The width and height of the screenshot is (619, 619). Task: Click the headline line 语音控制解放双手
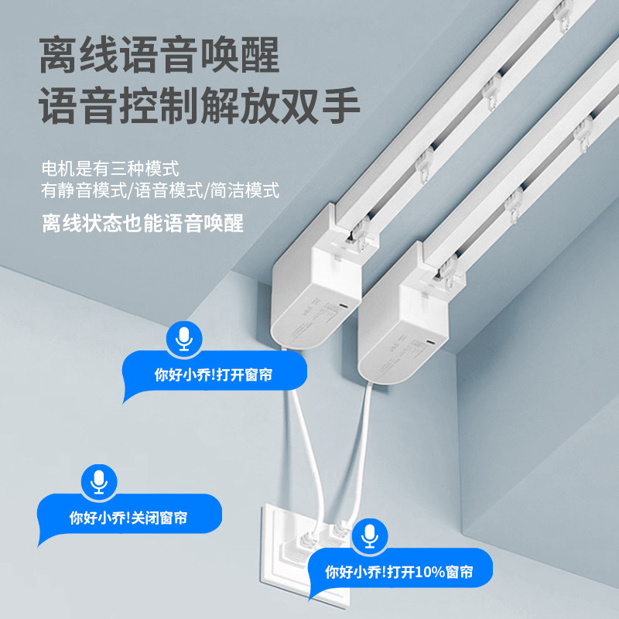coord(200,108)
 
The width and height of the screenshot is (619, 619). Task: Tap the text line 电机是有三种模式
coord(111,168)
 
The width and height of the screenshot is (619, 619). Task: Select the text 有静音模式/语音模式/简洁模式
coord(160,190)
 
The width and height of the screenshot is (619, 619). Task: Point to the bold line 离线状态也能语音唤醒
coord(142,224)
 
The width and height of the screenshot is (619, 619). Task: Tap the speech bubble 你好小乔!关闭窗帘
coord(128,518)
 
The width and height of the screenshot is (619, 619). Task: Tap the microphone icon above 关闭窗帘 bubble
coord(97,481)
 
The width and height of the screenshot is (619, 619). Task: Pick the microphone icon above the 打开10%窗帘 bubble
coord(370,535)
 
